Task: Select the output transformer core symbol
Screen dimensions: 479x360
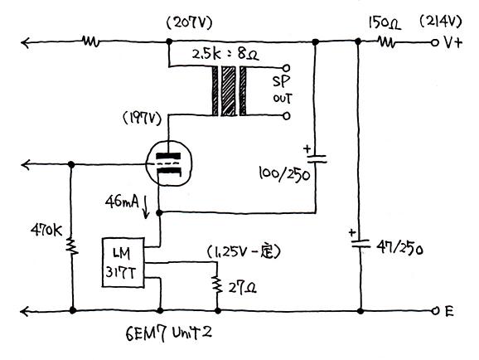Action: pyautogui.click(x=229, y=91)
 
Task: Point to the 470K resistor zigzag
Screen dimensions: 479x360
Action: pyautogui.click(x=72, y=246)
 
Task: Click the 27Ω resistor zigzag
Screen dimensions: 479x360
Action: pyautogui.click(x=217, y=285)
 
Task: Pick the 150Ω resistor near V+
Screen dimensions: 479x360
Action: pyautogui.click(x=387, y=41)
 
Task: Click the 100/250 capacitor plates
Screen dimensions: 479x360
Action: pyautogui.click(x=317, y=158)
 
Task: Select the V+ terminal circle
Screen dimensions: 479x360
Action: pyautogui.click(x=434, y=42)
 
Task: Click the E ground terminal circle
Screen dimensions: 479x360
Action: pyautogui.click(x=435, y=311)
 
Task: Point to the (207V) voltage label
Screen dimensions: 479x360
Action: pyautogui.click(x=190, y=23)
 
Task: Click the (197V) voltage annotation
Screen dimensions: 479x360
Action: pyautogui.click(x=142, y=119)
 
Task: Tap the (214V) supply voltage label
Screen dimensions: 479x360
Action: pyautogui.click(x=441, y=22)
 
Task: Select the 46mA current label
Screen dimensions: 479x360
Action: pyautogui.click(x=122, y=202)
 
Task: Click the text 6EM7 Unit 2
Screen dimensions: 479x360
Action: pyautogui.click(x=168, y=333)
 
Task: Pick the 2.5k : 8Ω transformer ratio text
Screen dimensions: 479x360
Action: pyautogui.click(x=225, y=55)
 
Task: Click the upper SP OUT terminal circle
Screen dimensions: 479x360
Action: pyautogui.click(x=286, y=67)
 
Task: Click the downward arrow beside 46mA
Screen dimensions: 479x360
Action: pyautogui.click(x=146, y=207)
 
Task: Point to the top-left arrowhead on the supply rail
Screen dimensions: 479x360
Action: pyautogui.click(x=25, y=42)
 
